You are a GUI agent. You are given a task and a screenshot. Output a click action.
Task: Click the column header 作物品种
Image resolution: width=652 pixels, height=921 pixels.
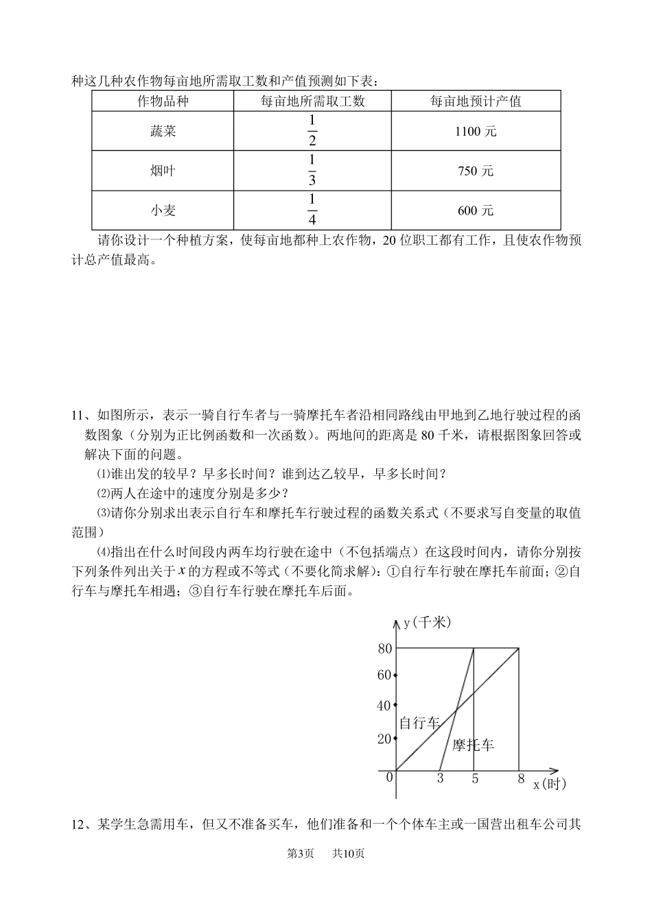pos(163,101)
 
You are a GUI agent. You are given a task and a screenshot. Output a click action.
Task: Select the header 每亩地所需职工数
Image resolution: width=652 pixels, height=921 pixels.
pos(312,101)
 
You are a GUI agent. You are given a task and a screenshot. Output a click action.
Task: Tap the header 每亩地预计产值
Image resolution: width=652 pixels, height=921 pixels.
pos(476,101)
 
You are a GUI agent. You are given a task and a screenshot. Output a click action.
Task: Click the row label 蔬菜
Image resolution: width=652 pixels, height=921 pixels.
pos(163,131)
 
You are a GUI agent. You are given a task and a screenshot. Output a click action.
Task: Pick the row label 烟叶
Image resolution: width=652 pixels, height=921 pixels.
pos(163,171)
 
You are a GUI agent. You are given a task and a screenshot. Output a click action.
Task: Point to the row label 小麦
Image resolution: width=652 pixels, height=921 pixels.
pos(163,211)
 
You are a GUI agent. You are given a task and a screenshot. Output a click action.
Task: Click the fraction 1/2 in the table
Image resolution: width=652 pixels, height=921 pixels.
pos(312,131)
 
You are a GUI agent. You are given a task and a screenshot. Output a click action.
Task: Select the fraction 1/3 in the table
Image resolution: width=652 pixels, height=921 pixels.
pos(312,171)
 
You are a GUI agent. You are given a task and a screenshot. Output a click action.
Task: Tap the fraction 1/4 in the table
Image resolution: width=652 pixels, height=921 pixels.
pos(312,210)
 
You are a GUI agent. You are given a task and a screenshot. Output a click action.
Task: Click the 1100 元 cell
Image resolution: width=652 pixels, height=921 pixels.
pos(476,131)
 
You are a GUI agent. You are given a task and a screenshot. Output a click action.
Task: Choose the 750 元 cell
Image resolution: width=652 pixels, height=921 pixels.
pos(476,171)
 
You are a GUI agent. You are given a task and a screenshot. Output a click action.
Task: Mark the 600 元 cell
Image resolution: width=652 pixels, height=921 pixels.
pos(476,211)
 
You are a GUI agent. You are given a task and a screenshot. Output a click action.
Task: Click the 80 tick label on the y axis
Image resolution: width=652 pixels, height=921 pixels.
pos(384,649)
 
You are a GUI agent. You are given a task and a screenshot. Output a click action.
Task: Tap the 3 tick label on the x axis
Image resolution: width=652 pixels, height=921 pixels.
pos(440,779)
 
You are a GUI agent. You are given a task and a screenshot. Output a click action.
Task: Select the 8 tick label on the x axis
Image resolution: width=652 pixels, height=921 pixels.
pos(521,779)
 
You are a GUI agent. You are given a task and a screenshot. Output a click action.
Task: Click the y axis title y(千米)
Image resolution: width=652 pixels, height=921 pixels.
pos(427,623)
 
